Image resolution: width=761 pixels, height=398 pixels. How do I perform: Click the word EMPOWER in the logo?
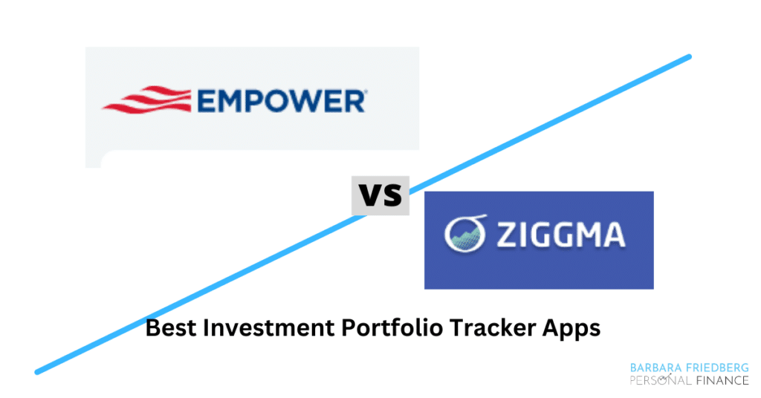click(x=281, y=100)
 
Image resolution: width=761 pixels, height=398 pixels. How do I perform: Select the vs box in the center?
click(x=380, y=195)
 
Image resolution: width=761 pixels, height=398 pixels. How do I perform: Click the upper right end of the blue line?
click(x=688, y=57)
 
